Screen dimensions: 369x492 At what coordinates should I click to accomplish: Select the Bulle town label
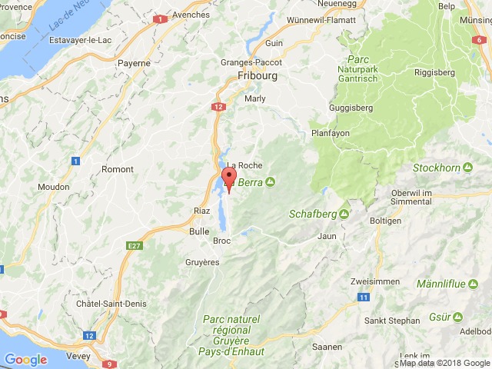tap(199, 230)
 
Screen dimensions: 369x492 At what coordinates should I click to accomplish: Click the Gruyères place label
tap(203, 262)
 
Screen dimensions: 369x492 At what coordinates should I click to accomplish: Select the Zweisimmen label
tap(374, 281)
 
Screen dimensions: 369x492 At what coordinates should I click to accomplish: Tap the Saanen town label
tap(327, 347)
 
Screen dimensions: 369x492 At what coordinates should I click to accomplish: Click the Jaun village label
tap(328, 236)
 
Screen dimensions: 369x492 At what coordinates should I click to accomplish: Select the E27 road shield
tap(135, 244)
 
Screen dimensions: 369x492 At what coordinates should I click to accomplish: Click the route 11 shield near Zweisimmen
tap(362, 297)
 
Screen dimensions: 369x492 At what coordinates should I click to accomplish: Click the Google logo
tap(26, 359)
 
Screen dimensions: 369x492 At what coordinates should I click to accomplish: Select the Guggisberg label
tap(352, 108)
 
